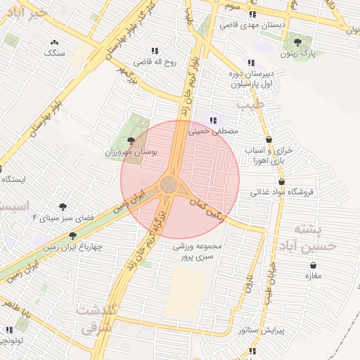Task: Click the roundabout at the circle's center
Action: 169,185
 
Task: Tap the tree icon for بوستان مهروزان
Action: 129,141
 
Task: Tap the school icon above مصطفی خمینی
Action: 213,120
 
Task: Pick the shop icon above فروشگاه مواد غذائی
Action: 281,181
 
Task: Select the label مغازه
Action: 313,276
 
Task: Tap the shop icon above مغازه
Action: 313,265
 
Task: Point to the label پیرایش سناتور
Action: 260,329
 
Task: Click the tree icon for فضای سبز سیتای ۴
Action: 63,207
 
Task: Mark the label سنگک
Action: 54,53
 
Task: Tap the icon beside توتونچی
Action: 9,330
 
